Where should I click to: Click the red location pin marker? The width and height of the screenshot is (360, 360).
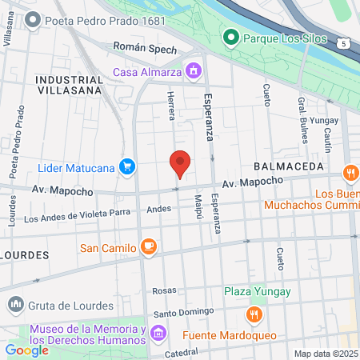(x=180, y=163)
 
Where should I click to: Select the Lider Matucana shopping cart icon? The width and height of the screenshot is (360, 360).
(x=126, y=166)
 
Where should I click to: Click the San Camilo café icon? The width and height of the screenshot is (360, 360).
(x=147, y=247)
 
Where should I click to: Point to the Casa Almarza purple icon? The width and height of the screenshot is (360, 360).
(x=193, y=72)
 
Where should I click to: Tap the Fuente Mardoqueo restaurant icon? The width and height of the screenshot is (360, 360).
(x=254, y=314)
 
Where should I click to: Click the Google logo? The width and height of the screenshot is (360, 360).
(x=26, y=350)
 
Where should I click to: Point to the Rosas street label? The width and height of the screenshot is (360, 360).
(x=163, y=290)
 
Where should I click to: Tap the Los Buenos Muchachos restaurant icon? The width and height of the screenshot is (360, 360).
(x=350, y=174)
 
